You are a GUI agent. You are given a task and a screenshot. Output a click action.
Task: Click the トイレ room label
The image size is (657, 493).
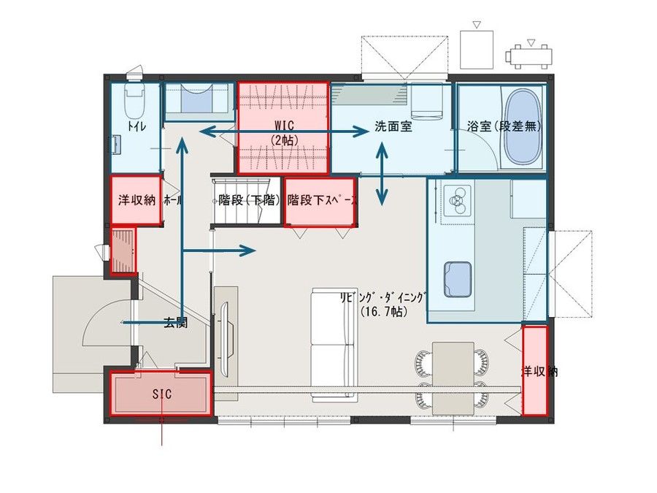(x=136, y=126)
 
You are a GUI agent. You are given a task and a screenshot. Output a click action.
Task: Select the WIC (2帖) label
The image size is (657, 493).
(x=284, y=131)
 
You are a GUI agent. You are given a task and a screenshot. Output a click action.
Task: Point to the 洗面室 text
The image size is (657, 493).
(x=393, y=126)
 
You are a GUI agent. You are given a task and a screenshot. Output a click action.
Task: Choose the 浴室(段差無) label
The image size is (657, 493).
(x=504, y=126)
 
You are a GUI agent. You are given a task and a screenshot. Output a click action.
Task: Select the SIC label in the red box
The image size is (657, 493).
(x=161, y=394)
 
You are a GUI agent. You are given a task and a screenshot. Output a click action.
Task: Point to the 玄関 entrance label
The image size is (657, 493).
(x=175, y=321)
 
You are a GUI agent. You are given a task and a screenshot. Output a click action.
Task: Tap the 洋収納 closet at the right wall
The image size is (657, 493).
(x=535, y=371)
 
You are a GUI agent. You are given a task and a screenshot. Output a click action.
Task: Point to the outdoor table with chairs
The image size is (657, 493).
(x=530, y=55)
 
